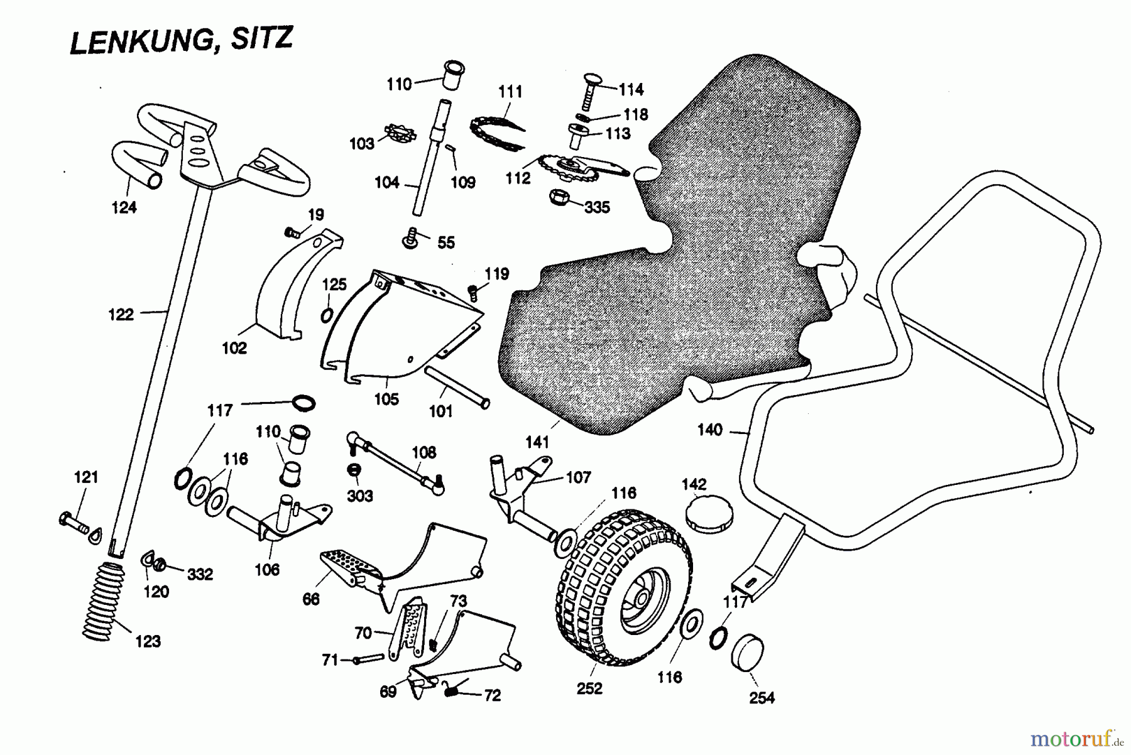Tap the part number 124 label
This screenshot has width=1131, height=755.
point(124,207)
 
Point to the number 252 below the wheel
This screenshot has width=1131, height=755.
point(589,688)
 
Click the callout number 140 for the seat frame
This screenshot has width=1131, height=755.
point(710,430)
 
